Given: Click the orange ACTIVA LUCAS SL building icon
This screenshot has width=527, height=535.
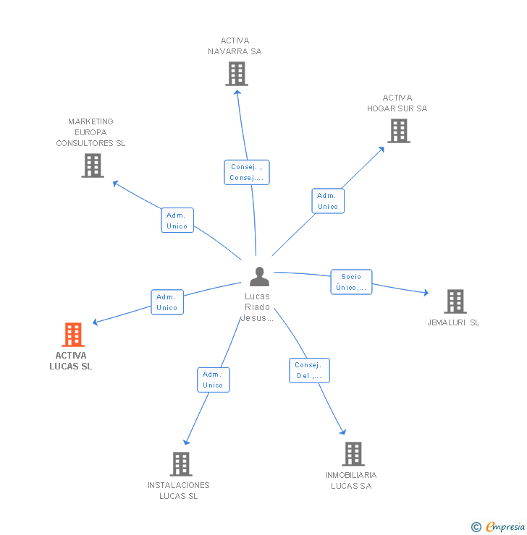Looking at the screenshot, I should (x=73, y=335).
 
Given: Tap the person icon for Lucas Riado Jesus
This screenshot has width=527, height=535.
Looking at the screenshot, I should (x=258, y=276).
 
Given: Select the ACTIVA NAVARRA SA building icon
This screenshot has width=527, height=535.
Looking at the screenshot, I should (x=237, y=74).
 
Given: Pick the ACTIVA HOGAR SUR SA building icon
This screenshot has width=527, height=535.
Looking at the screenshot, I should (x=398, y=131).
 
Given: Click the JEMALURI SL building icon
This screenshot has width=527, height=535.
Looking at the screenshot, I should (x=455, y=301).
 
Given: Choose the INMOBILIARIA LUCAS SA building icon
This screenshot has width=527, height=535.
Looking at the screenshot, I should (x=353, y=454).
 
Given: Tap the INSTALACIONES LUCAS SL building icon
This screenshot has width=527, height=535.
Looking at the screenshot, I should (x=180, y=463).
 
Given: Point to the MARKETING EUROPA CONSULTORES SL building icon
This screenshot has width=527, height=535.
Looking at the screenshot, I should (x=92, y=166).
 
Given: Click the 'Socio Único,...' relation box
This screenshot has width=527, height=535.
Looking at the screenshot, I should (x=351, y=282).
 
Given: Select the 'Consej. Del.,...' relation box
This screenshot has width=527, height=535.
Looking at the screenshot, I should (x=309, y=371).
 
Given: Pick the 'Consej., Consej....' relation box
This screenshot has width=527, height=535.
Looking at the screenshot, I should (x=246, y=172).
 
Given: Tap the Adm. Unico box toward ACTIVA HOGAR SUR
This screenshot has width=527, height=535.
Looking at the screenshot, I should (x=327, y=201).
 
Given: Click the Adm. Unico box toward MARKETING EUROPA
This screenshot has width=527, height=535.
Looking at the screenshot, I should (x=177, y=221).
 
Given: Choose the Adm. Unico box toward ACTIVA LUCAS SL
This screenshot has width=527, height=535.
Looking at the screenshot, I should (x=166, y=302).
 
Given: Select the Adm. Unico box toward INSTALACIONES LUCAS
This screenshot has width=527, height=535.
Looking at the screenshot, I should (x=213, y=380).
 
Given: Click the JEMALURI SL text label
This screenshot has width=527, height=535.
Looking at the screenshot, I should (x=453, y=322).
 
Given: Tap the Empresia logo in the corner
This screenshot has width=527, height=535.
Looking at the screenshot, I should (x=505, y=527).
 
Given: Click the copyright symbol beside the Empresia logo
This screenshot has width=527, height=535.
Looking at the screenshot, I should (x=476, y=527).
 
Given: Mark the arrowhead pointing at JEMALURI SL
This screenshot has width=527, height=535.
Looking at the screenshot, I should (x=426, y=293).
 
